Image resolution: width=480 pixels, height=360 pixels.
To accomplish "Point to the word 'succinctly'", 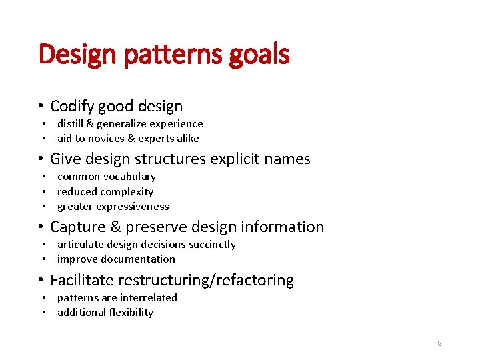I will coord(211,245).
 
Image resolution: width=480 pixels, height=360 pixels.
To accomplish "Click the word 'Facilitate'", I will coord(81,280).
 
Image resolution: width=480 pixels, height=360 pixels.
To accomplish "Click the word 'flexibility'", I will coord(127,313).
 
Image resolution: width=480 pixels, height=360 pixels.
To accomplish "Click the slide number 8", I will coord(439,343).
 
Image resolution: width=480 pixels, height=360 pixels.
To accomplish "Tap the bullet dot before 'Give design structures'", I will coord(41,159).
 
